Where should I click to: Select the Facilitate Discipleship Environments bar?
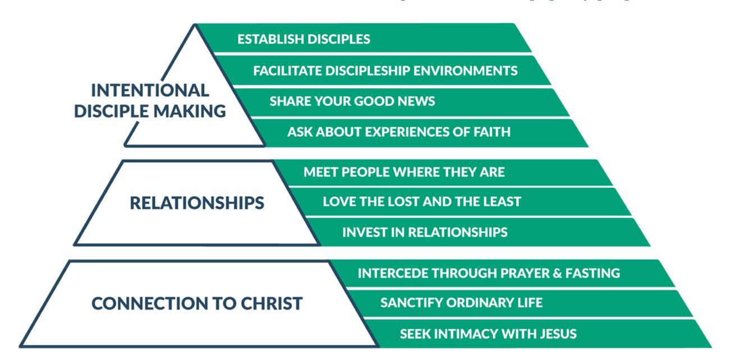(385, 71)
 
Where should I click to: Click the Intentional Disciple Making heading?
(150, 100)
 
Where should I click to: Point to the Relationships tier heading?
(196, 203)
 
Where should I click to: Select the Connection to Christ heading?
(196, 303)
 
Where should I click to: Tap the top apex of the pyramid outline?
(195, 26)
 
